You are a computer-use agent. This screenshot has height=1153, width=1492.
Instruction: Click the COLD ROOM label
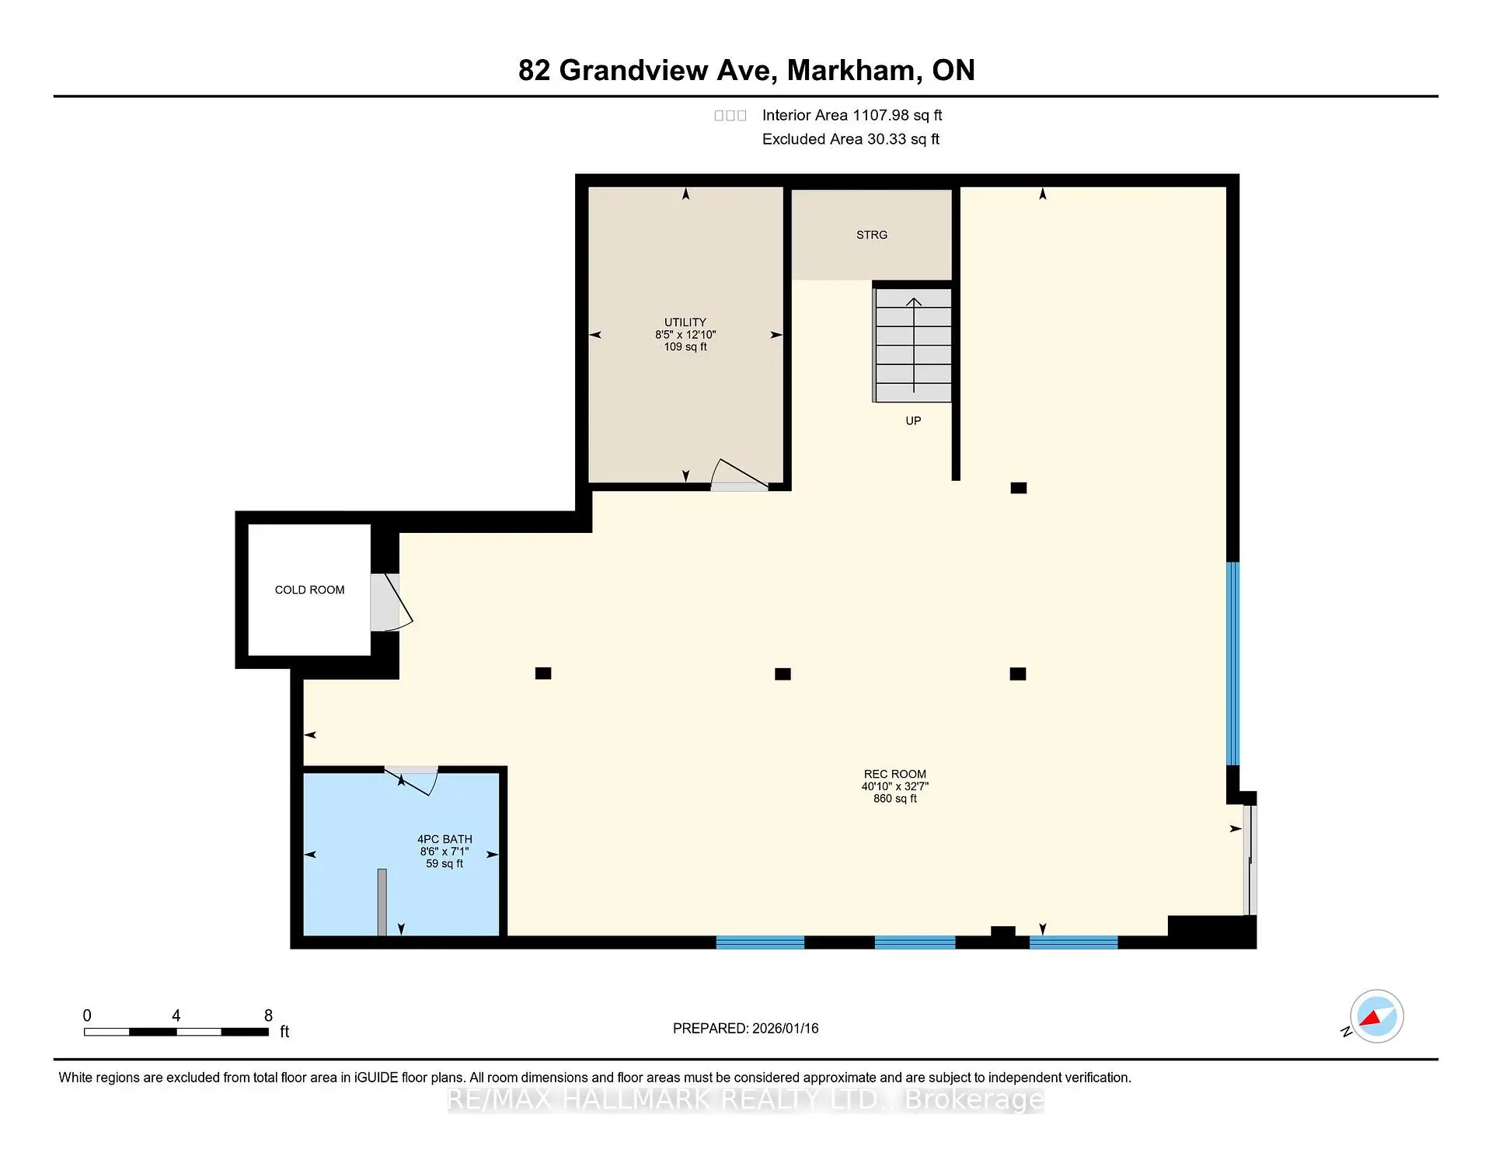309,590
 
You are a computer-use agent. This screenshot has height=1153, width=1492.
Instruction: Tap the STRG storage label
871,235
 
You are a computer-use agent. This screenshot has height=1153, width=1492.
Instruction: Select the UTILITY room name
685,322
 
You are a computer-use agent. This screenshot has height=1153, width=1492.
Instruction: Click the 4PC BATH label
444,839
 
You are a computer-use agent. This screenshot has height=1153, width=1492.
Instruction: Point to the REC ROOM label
894,774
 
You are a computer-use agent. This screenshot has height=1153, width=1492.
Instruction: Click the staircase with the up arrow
913,345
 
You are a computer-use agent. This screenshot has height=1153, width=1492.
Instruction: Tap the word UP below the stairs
913,421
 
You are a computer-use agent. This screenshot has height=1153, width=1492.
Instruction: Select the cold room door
389,602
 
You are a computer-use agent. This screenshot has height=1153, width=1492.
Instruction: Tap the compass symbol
1376,1016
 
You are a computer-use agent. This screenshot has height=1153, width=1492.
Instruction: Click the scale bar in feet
176,1032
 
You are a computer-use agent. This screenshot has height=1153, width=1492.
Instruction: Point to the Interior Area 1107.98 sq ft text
852,115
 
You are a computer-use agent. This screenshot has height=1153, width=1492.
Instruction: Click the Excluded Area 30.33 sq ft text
850,139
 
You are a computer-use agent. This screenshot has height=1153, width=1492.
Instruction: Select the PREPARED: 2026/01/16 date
745,1028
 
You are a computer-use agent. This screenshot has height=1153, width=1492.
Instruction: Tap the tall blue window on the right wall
1232,664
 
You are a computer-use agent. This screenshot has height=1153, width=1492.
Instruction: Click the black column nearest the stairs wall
1018,488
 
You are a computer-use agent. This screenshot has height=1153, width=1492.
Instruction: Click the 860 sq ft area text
894,799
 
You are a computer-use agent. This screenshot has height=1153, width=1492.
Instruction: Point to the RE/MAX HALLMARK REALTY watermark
745,1099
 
